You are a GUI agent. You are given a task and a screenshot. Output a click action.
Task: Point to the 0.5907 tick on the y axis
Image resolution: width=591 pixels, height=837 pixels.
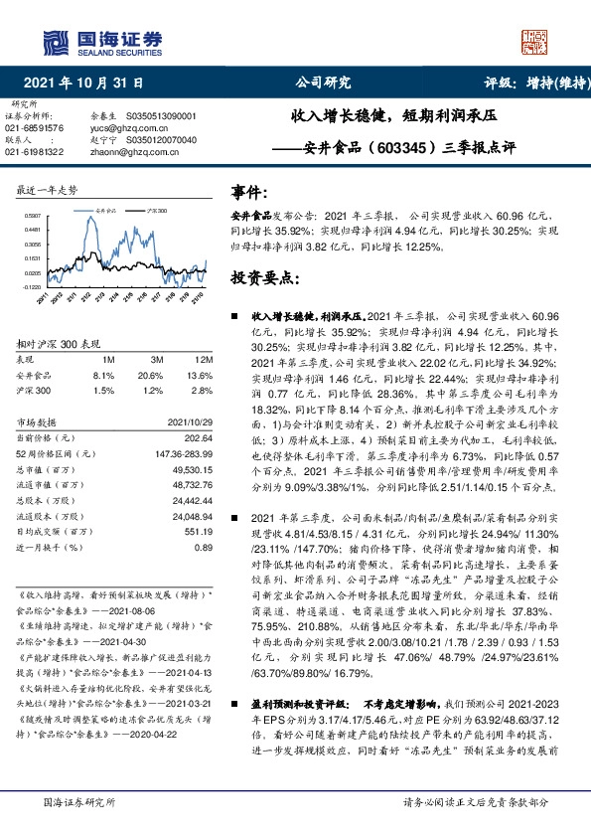coord(32,214)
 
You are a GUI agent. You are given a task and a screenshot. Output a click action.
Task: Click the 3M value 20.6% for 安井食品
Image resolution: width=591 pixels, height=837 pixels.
coord(150,376)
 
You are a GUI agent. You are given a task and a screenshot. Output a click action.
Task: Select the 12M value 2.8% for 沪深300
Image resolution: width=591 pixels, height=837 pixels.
coord(203,391)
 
